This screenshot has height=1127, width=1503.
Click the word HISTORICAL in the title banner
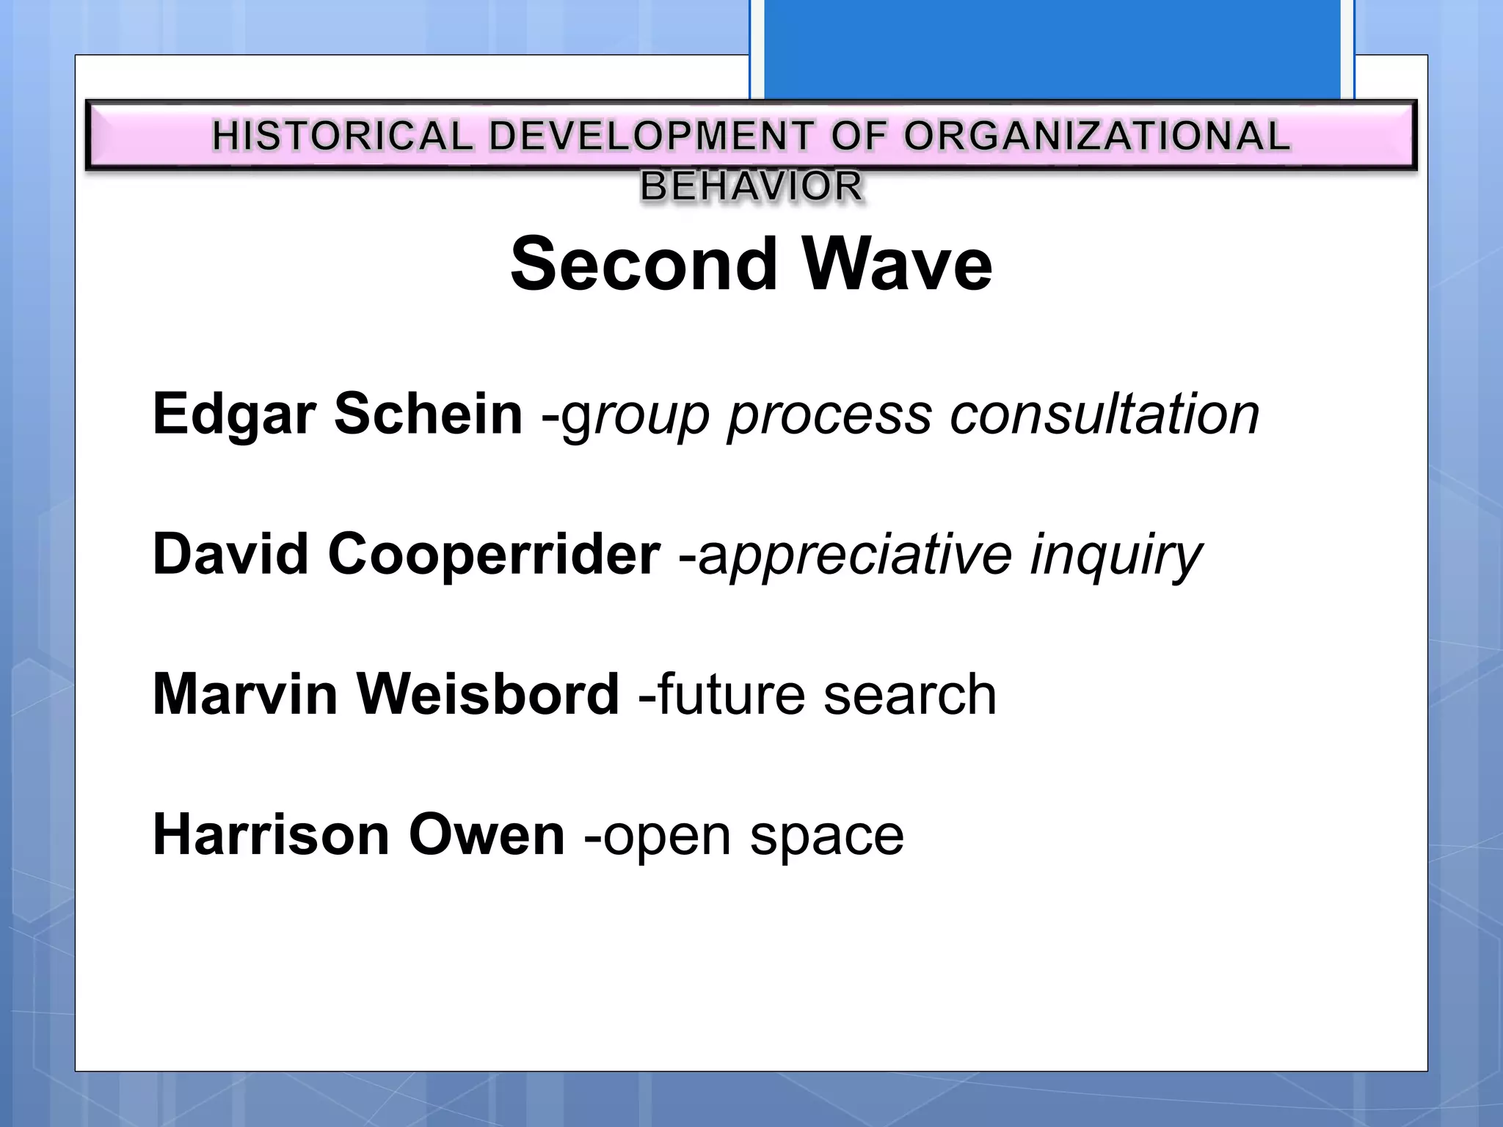tap(343, 136)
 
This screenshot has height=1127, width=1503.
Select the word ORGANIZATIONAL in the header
tap(1096, 136)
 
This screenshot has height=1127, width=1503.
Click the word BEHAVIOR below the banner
tap(751, 186)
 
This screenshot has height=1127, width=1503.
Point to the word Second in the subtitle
tap(644, 264)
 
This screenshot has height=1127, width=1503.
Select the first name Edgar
tap(234, 415)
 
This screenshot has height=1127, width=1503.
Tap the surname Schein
tap(428, 415)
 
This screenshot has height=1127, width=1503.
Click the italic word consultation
tap(1104, 415)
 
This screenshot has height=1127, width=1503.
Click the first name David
tap(230, 554)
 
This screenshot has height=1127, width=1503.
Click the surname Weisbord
tap(488, 694)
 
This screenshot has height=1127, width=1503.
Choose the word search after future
tap(910, 695)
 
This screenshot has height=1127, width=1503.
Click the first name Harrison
tap(271, 835)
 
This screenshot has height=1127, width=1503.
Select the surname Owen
tap(487, 835)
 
